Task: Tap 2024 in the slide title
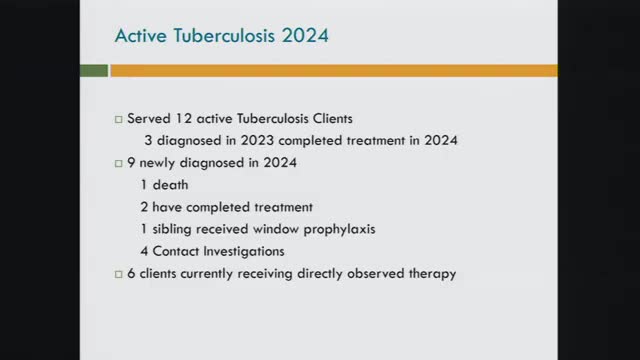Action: click(x=299, y=35)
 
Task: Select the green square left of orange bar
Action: click(x=94, y=71)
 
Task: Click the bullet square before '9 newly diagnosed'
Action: click(x=118, y=163)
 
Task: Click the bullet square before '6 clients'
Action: click(x=118, y=273)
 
